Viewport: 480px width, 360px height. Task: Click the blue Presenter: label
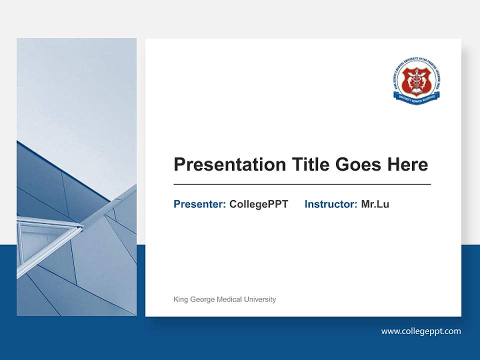199,204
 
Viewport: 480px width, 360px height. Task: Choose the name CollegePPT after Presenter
258,204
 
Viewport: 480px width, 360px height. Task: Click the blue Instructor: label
330,204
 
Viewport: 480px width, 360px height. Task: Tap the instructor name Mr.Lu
375,204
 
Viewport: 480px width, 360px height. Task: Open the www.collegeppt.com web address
421,331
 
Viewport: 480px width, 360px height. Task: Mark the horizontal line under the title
302,184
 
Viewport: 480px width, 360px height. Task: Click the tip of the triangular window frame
82,227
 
